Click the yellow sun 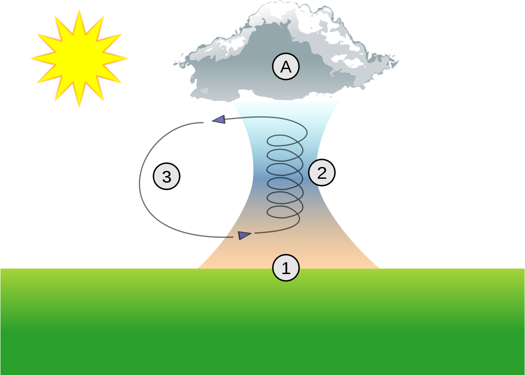pyautogui.click(x=80, y=59)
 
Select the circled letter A pyautogui.click(x=285, y=67)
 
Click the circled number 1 pyautogui.click(x=285, y=268)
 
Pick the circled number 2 pyautogui.click(x=321, y=173)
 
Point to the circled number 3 pyautogui.click(x=167, y=177)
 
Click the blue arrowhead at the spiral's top pyautogui.click(x=219, y=119)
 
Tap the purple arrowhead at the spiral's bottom pyautogui.click(x=244, y=235)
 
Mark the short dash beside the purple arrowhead pyautogui.click(x=229, y=237)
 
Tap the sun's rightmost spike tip pyautogui.click(x=128, y=58)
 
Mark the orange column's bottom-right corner pyautogui.click(x=378, y=267)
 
